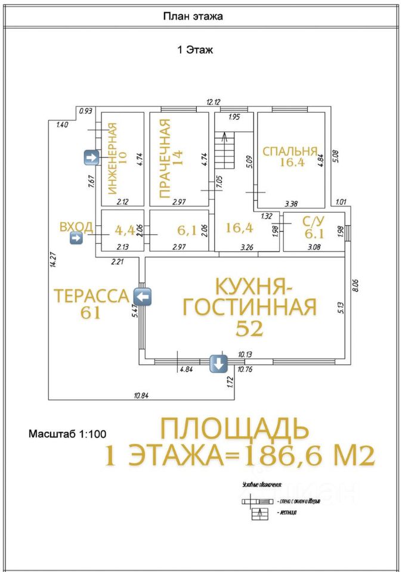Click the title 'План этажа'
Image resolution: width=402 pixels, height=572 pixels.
pyautogui.click(x=193, y=17)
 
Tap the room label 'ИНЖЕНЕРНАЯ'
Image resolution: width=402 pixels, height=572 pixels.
pyautogui.click(x=112, y=158)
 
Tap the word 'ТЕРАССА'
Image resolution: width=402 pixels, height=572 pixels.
pyautogui.click(x=91, y=296)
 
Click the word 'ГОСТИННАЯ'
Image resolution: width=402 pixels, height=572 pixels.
pyautogui.click(x=249, y=307)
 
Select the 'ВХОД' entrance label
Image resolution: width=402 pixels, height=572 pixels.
pyautogui.click(x=76, y=226)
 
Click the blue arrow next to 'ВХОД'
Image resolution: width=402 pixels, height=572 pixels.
pyautogui.click(x=76, y=239)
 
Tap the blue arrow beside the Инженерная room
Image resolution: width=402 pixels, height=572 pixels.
pyautogui.click(x=91, y=157)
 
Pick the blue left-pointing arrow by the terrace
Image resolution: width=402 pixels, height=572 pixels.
pyautogui.click(x=143, y=296)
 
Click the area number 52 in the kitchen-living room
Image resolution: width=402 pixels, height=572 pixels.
pyautogui.click(x=249, y=328)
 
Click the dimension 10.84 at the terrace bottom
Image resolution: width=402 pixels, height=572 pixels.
pyautogui.click(x=141, y=395)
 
